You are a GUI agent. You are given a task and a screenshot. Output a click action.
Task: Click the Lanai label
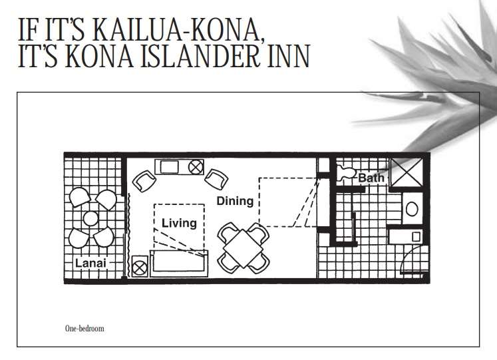(90, 263)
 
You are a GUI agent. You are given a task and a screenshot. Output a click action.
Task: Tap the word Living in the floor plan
(179, 223)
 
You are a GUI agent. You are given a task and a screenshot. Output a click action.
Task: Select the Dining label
(234, 200)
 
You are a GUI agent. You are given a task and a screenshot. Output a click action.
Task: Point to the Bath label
(371, 178)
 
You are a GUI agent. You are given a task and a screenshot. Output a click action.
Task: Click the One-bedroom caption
(84, 328)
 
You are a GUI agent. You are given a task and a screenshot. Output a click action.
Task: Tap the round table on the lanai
(90, 218)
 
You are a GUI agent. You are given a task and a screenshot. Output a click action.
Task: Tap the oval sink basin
(411, 209)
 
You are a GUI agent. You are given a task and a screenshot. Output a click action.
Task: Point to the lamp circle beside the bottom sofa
(140, 268)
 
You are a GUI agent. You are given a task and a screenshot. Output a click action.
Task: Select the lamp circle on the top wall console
(196, 166)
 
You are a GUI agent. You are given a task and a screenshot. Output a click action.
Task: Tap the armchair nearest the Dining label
(216, 178)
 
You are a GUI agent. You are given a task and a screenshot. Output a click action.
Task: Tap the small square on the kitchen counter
(416, 236)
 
